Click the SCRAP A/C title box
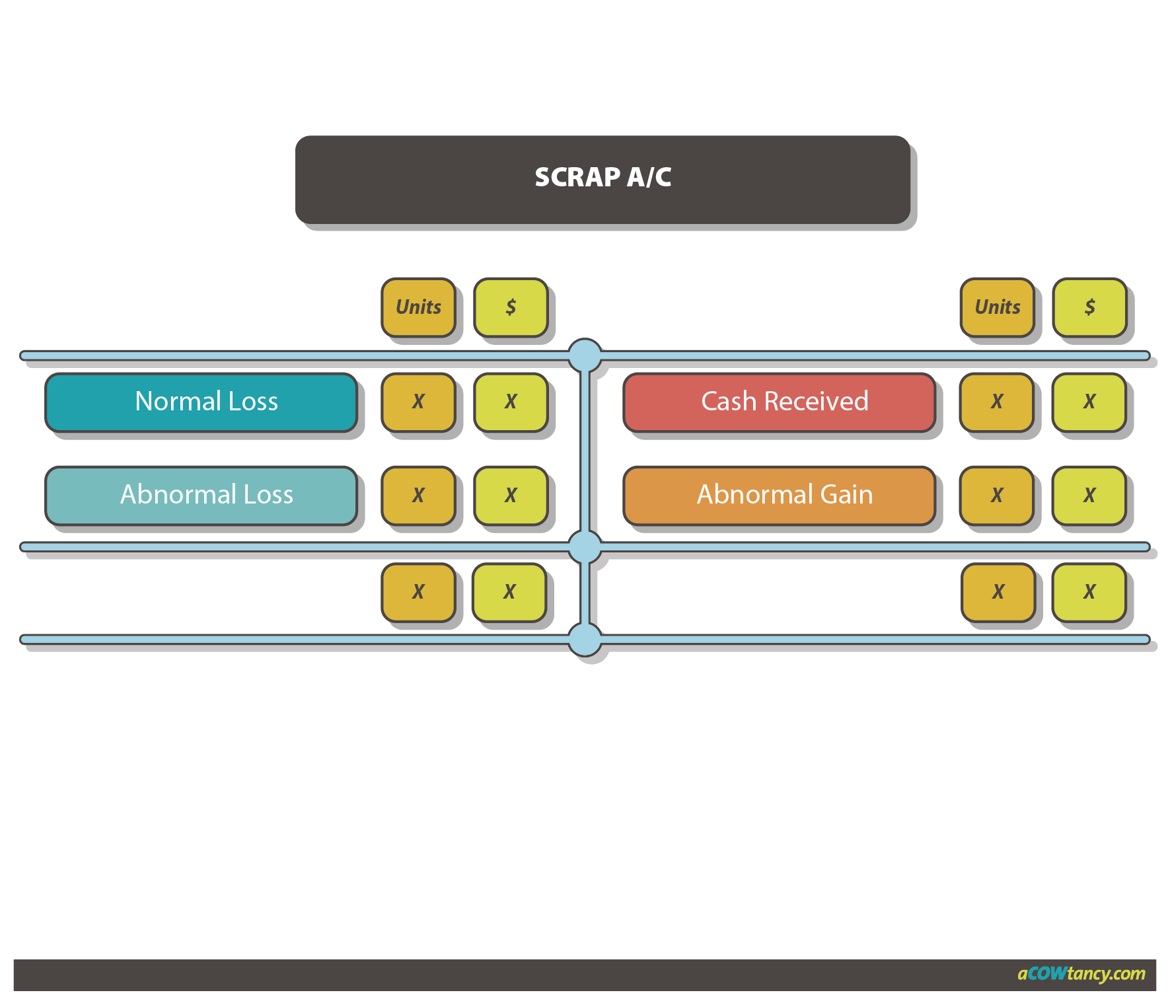(603, 178)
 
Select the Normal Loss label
(201, 402)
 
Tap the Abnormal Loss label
(201, 495)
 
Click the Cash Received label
(780, 402)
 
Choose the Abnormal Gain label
(780, 495)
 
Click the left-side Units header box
(418, 307)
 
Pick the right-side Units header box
(997, 307)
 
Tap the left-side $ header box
(511, 307)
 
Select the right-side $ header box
(1089, 307)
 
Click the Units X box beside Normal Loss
(418, 402)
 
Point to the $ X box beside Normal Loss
(511, 402)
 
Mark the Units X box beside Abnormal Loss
(418, 495)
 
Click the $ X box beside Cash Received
(1089, 402)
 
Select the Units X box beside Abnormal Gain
(997, 495)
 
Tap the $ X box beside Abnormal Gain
(1089, 495)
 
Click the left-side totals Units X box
(418, 592)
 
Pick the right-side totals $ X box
(1089, 592)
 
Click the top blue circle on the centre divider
(585, 355)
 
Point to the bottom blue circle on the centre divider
(585, 639)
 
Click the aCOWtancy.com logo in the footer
(1081, 974)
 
